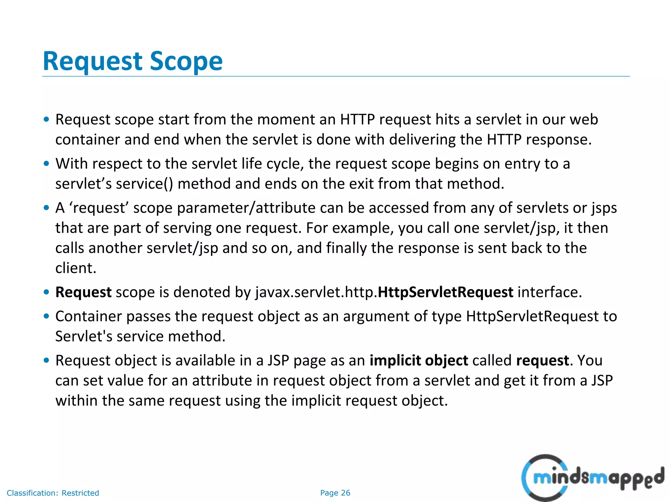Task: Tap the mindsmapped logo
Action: point(592,478)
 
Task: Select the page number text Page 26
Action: point(335,493)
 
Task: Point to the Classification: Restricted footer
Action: point(53,493)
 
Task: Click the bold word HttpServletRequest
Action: point(445,292)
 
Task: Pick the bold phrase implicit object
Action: point(419,360)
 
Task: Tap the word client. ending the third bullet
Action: point(76,268)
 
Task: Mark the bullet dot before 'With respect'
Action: point(46,163)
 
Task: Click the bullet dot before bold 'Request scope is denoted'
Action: point(46,292)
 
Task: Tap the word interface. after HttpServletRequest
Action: point(550,292)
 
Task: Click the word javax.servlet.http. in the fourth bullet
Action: point(316,292)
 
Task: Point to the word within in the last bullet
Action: point(76,401)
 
